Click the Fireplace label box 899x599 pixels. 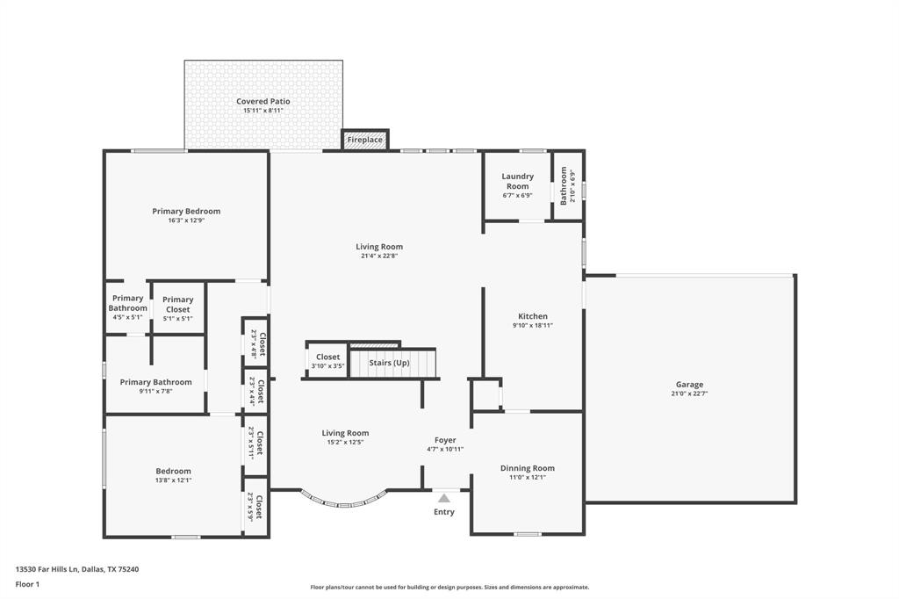[x=364, y=140]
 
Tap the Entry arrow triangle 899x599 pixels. [x=444, y=498]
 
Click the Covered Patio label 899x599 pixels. [x=263, y=102]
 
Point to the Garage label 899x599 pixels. [x=689, y=385]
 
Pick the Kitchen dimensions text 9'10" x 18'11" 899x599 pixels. [x=533, y=325]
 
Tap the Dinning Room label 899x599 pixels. [x=527, y=468]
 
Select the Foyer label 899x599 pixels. [x=445, y=440]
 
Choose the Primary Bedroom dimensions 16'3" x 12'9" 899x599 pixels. [x=186, y=220]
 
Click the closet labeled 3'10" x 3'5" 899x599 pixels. [x=327, y=361]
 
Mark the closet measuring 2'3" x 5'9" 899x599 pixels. [x=256, y=507]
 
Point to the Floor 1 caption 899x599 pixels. [x=28, y=584]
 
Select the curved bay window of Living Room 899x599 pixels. [x=344, y=501]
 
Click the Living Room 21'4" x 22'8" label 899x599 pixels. [x=379, y=247]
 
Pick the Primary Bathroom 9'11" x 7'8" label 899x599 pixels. [x=155, y=382]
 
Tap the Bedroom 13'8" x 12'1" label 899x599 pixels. [x=173, y=472]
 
